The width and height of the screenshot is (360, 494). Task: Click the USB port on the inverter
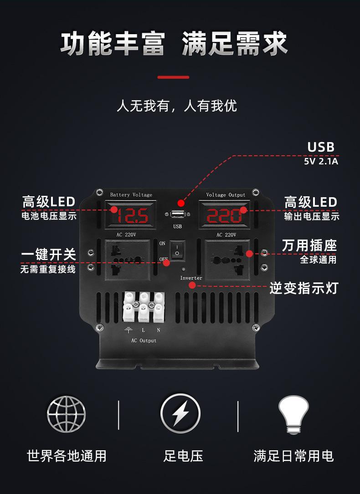(x=178, y=215)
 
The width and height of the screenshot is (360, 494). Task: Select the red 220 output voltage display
(x=224, y=215)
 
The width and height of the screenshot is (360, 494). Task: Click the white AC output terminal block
(x=144, y=307)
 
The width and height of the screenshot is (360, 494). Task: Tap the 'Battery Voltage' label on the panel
(x=131, y=195)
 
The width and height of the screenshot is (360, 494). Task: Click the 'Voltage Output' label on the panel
(x=226, y=195)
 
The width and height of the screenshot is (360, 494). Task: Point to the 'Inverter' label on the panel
(x=191, y=278)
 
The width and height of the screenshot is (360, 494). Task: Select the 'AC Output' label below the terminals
(x=144, y=341)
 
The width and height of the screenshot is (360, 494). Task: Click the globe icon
(x=67, y=414)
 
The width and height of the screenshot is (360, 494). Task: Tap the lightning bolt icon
(x=180, y=414)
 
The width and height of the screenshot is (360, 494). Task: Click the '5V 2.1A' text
(x=321, y=161)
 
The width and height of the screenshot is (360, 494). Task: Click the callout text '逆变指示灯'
(x=303, y=288)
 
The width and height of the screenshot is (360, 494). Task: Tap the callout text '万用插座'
(x=309, y=245)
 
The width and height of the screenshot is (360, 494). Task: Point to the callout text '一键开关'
(x=49, y=255)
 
